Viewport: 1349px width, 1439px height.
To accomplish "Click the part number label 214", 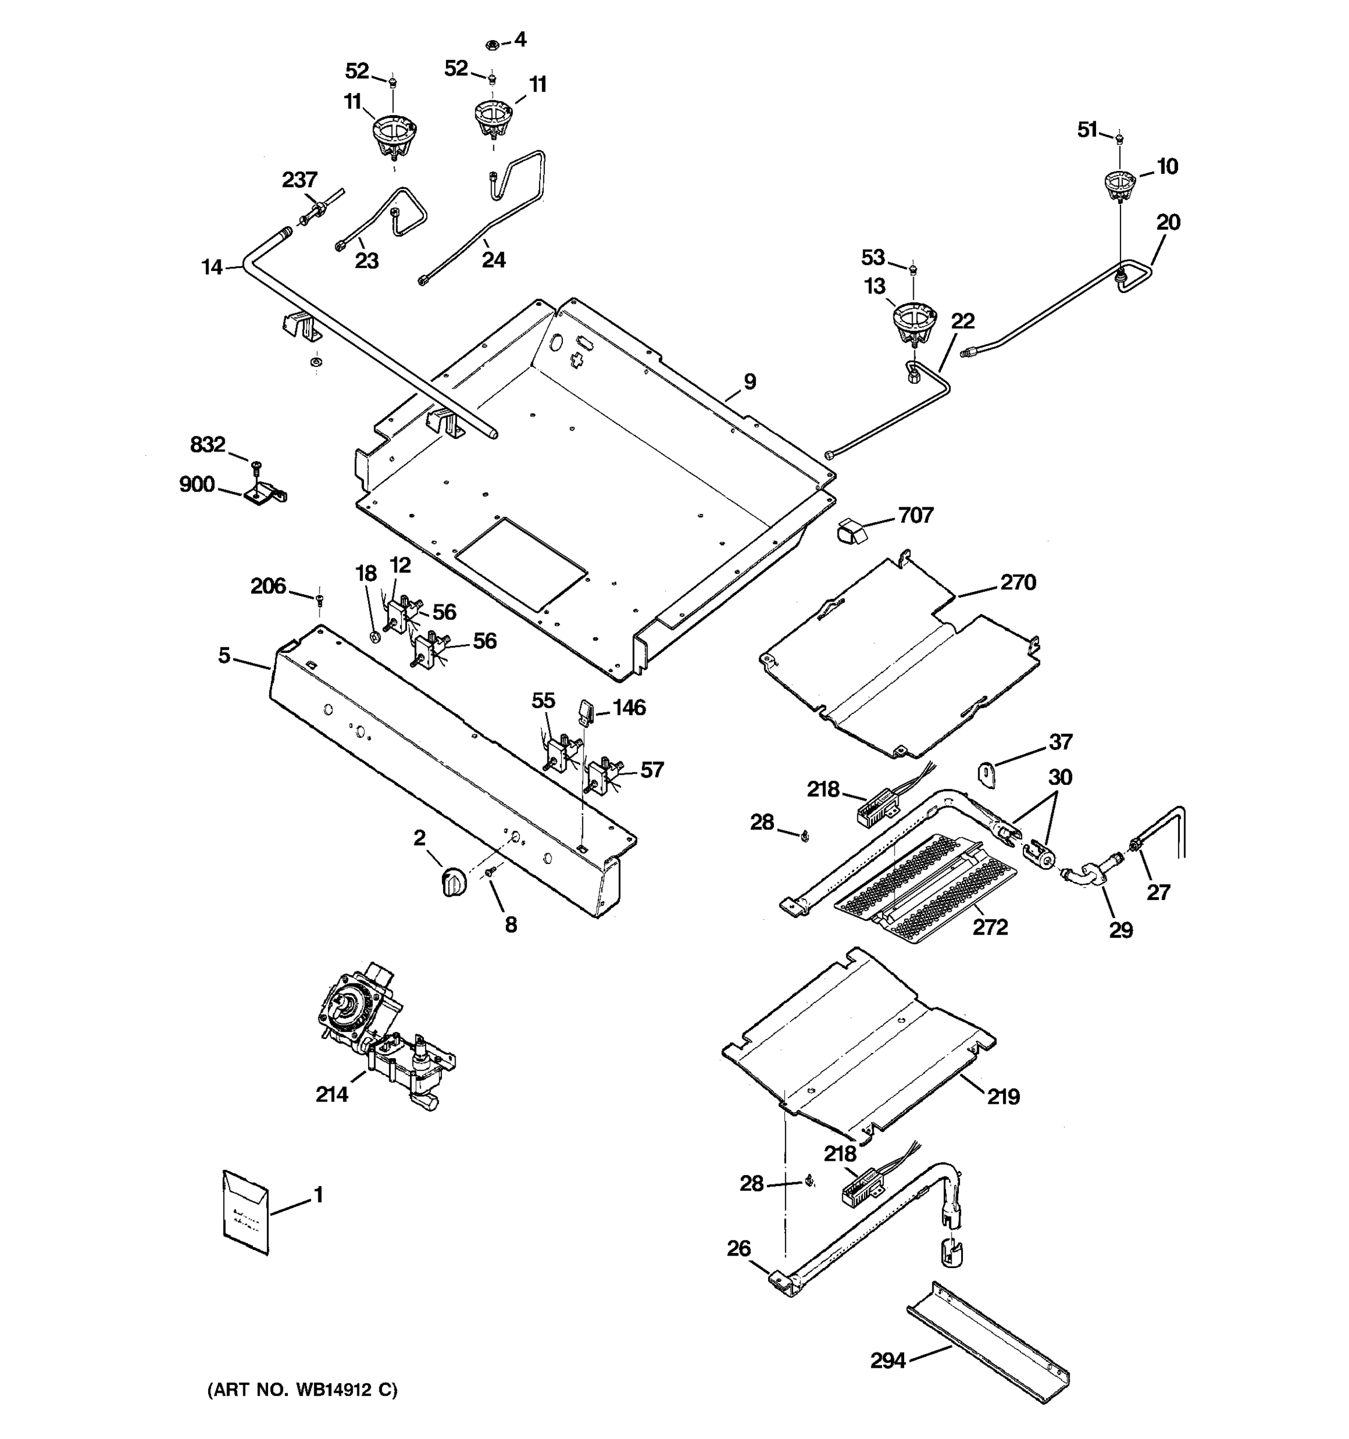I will (332, 1094).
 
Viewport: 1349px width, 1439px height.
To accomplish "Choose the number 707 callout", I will (916, 516).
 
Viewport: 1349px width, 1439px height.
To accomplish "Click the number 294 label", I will (887, 1361).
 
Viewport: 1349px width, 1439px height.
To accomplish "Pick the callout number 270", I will (1017, 582).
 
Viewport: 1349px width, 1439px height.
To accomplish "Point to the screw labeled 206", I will (319, 598).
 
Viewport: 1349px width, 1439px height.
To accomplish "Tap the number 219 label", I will (1003, 1097).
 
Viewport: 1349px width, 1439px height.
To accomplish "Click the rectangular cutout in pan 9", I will (520, 563).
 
